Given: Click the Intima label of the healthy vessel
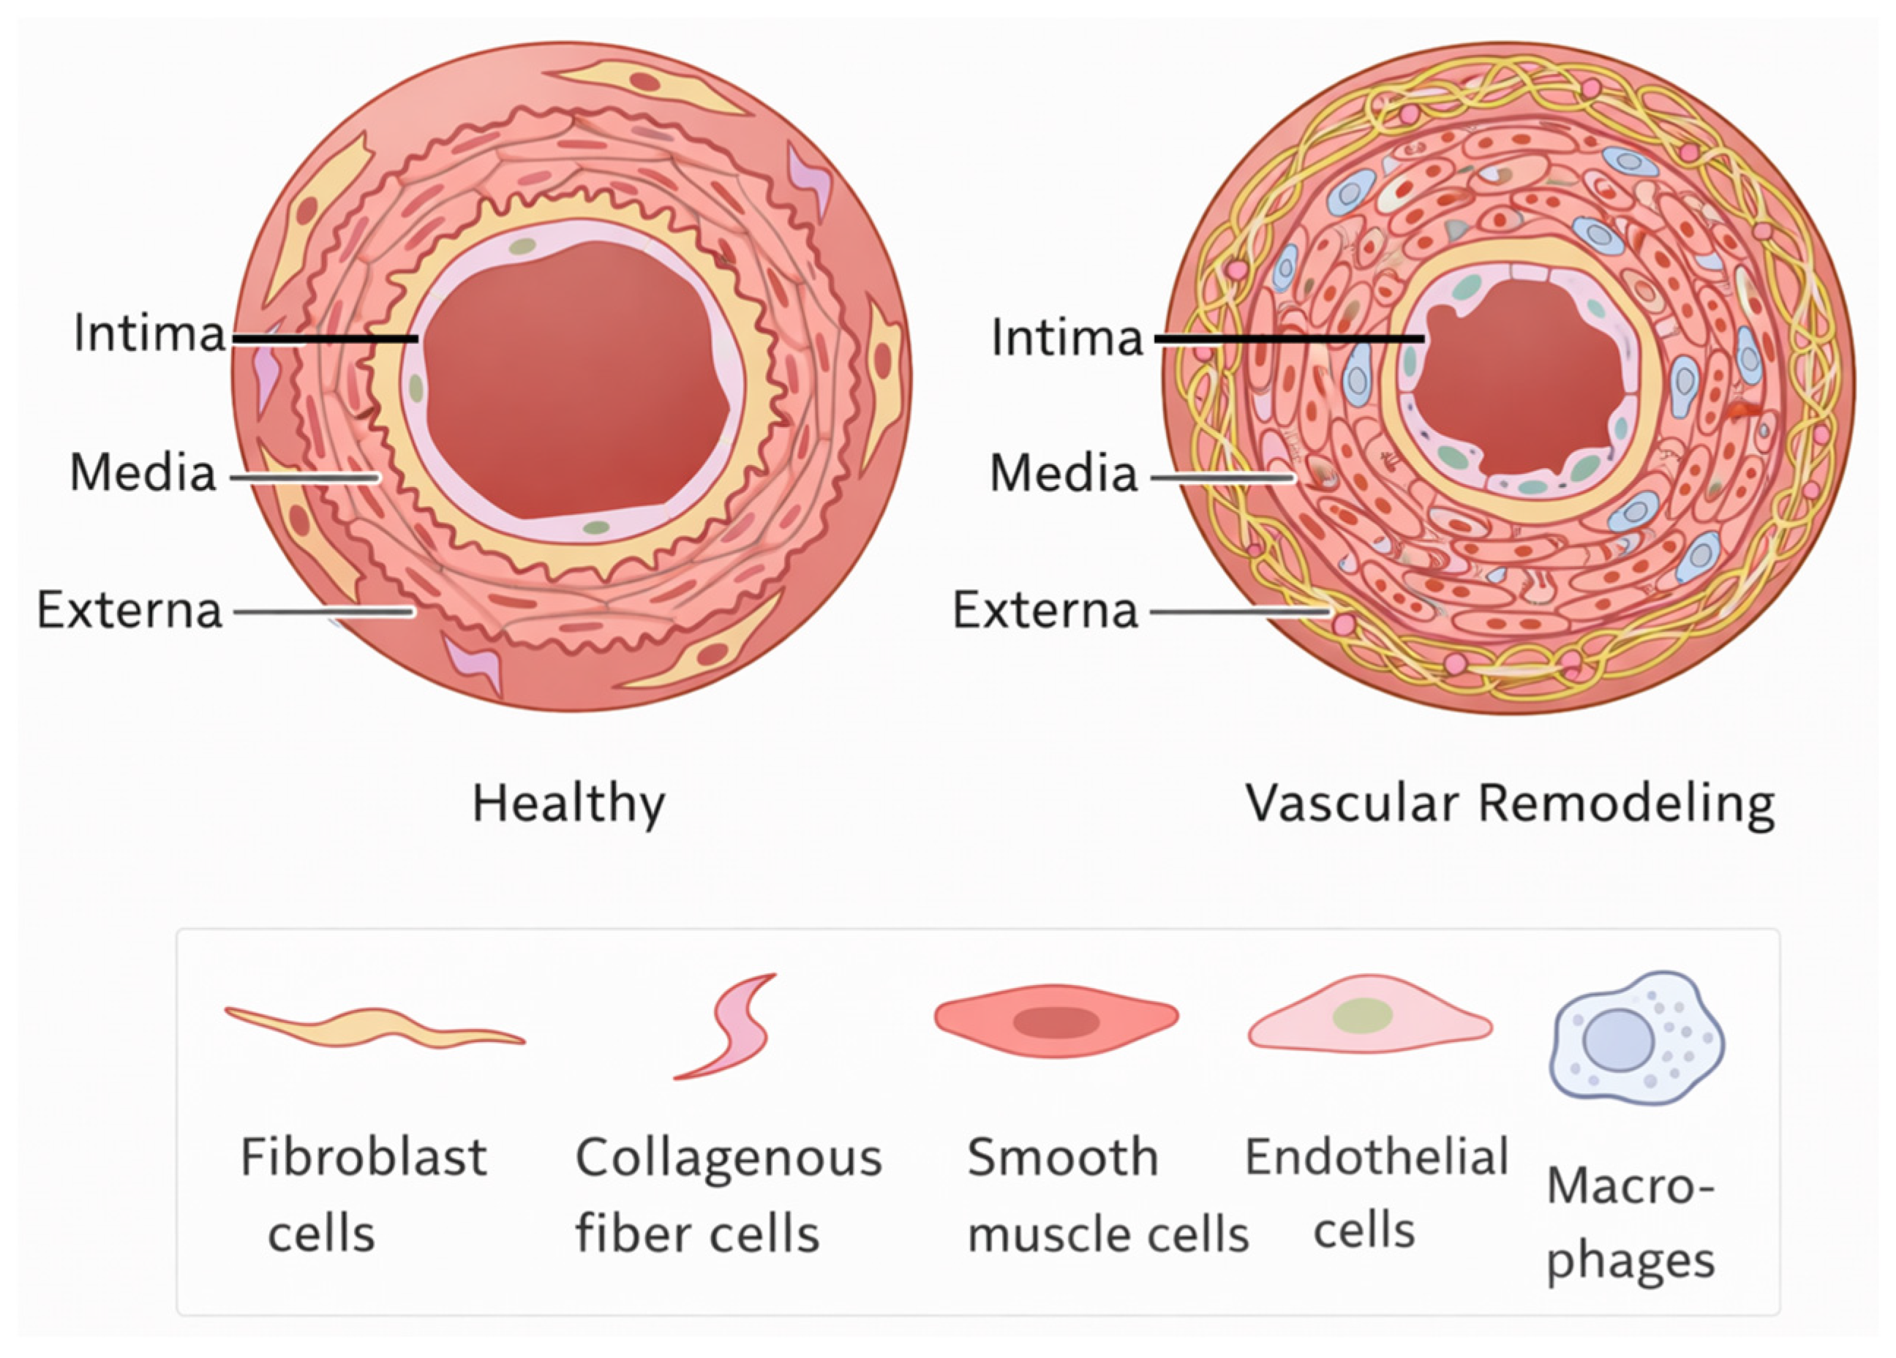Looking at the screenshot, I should [x=148, y=333].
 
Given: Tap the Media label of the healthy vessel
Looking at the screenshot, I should [x=143, y=473].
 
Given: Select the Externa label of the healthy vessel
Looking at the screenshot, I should [x=129, y=610].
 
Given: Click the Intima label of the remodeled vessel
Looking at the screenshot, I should [x=1066, y=338].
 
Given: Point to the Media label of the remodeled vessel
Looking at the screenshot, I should [x=1064, y=473].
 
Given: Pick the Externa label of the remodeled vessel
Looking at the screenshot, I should [x=1045, y=610].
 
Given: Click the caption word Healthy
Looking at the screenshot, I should [x=568, y=804].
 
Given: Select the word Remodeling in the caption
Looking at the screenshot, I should [x=1626, y=804].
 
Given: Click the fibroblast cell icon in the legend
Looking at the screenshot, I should [x=374, y=1027].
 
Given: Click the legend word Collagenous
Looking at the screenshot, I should [x=728, y=1158].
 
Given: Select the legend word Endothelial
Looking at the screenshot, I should [x=1376, y=1158].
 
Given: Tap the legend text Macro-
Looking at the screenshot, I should [x=1630, y=1186].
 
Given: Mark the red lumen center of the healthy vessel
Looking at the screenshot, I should [x=577, y=380].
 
